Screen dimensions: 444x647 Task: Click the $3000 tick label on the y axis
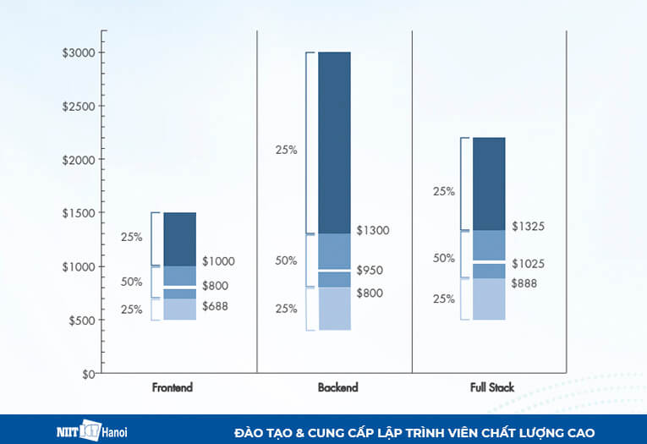coord(79,52)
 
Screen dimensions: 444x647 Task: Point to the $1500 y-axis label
coord(79,213)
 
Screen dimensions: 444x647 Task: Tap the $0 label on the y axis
coord(87,374)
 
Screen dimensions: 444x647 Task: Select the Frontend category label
coord(173,387)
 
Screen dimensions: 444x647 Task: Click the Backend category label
coord(337,387)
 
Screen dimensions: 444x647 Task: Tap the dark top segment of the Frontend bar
coord(179,238)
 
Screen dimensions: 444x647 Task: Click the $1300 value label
coord(373,230)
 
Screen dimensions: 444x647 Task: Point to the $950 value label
coord(370,271)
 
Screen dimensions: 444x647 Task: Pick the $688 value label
coord(215,306)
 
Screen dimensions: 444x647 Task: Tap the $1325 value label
coord(528,226)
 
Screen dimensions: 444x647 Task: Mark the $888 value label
coord(524,283)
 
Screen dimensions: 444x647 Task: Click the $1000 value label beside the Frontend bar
coord(218,261)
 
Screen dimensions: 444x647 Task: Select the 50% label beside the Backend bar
coord(286,260)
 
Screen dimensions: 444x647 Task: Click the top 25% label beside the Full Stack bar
coord(443,191)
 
